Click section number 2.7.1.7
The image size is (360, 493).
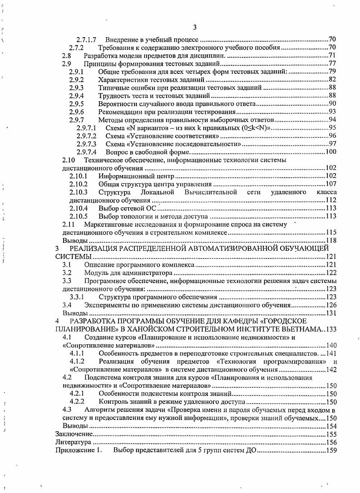point(88,40)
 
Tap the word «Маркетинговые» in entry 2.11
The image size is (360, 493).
point(107,225)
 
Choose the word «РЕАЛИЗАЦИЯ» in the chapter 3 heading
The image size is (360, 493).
point(93,249)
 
